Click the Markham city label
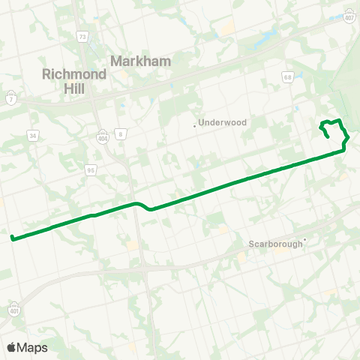click(x=141, y=61)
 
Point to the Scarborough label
click(x=275, y=244)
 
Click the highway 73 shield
click(x=82, y=36)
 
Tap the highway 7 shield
click(x=10, y=98)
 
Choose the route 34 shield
click(x=32, y=136)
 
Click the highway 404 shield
click(x=102, y=137)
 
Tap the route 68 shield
click(x=288, y=76)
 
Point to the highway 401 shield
click(x=14, y=309)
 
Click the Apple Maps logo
click(x=27, y=347)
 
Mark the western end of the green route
click(x=12, y=238)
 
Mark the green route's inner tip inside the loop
click(x=330, y=136)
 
